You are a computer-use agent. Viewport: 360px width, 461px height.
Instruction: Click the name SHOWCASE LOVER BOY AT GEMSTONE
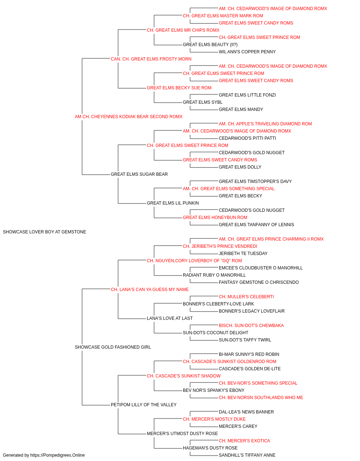pyautogui.click(x=45, y=232)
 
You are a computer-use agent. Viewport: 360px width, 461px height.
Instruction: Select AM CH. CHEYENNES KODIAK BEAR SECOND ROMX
pyautogui.click(x=129, y=117)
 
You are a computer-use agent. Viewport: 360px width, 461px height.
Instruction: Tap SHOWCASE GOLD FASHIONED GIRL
pyautogui.click(x=113, y=347)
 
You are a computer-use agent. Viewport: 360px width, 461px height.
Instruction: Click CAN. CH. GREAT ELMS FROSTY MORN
pyautogui.click(x=151, y=59)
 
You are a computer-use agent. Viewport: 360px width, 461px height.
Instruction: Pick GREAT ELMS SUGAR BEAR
pyautogui.click(x=139, y=174)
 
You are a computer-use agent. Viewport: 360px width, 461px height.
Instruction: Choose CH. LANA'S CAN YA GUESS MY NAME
pyautogui.click(x=150, y=289)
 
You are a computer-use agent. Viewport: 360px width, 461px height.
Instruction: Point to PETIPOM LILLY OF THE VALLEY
pyautogui.click(x=144, y=405)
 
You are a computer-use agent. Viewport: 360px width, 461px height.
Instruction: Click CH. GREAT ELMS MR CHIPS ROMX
pyautogui.click(x=183, y=30)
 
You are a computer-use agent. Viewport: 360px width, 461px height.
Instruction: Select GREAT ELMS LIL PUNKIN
pyautogui.click(x=173, y=203)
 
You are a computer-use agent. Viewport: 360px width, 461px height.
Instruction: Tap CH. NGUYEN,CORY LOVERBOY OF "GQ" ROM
pyautogui.click(x=194, y=261)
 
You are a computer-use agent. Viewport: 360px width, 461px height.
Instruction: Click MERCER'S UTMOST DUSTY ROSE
pyautogui.click(x=182, y=434)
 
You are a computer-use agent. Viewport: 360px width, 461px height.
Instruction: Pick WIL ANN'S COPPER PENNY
pyautogui.click(x=247, y=52)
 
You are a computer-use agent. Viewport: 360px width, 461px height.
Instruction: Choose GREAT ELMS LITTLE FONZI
pyautogui.click(x=247, y=95)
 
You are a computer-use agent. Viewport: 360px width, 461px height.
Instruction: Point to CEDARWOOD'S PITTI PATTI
pyautogui.click(x=247, y=138)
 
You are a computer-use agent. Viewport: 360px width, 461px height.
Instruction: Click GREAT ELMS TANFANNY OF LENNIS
pyautogui.click(x=256, y=225)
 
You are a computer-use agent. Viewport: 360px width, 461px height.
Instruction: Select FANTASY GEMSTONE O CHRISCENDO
pyautogui.click(x=258, y=282)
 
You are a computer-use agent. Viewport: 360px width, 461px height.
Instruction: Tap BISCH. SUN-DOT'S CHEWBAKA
pyautogui.click(x=251, y=326)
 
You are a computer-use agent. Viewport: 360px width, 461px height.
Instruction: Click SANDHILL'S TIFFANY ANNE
pyautogui.click(x=247, y=455)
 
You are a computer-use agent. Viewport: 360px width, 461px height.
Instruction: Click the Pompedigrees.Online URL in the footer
pyautogui.click(x=57, y=455)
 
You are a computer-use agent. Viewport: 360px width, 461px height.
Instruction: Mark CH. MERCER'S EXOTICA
pyautogui.click(x=244, y=441)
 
